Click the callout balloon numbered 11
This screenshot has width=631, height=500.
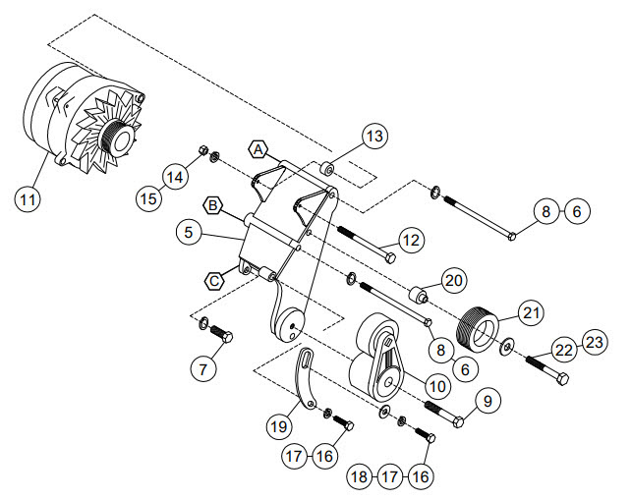(28, 199)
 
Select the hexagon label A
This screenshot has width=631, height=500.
(258, 150)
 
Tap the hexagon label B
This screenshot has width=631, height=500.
(213, 206)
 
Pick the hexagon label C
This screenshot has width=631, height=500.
(214, 281)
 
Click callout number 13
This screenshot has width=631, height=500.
(374, 136)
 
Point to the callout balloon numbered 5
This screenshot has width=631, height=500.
(189, 233)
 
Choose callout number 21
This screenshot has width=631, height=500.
(531, 313)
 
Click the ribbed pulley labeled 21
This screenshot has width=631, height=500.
(478, 329)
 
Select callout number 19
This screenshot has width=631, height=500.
(279, 426)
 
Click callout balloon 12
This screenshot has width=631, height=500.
(411, 241)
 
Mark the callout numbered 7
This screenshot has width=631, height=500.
(203, 369)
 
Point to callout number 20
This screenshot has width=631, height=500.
(454, 280)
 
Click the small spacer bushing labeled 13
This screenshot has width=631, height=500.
(328, 169)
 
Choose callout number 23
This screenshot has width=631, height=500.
(594, 343)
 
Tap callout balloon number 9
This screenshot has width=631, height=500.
(488, 402)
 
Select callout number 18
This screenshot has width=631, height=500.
(360, 477)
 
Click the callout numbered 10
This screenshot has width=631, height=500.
(437, 387)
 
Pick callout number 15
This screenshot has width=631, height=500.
(148, 198)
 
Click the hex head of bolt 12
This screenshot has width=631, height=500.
(390, 257)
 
